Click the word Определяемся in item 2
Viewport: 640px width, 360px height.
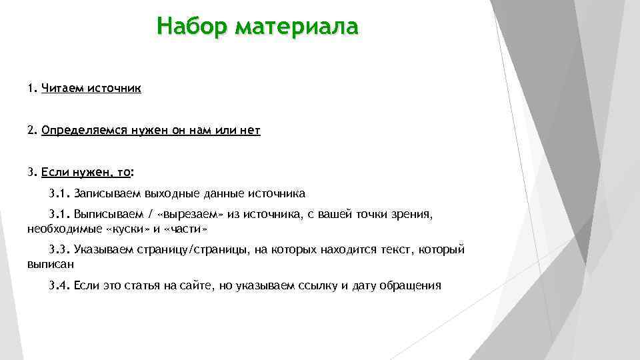(83, 131)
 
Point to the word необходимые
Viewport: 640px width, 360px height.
(65, 229)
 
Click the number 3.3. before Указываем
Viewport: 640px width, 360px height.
(59, 250)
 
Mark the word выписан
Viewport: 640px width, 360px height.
(51, 264)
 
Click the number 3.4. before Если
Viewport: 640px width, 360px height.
(59, 286)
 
